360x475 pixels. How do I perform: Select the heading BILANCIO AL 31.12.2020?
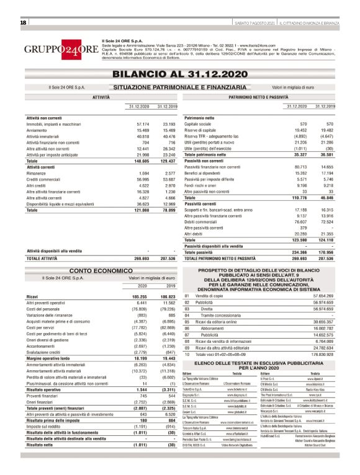(179, 73)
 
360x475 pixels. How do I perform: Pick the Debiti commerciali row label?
(201, 221)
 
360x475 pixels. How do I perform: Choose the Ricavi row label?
(32, 298)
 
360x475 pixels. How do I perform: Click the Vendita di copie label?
(209, 296)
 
